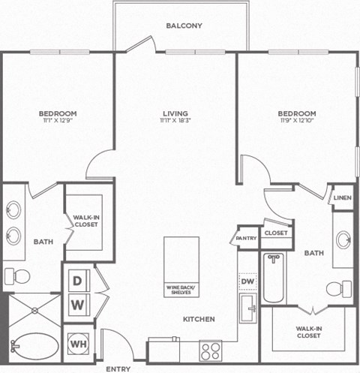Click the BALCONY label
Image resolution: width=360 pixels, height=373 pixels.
(x=184, y=26)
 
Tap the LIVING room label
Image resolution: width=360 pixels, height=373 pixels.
(x=175, y=114)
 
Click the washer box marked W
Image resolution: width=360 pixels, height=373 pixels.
(x=78, y=305)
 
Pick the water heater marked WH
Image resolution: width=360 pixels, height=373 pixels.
(x=78, y=344)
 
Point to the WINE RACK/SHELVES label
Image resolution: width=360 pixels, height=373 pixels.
(x=181, y=289)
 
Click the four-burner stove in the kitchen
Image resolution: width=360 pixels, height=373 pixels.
(x=211, y=350)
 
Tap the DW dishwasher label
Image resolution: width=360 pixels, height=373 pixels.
(x=247, y=281)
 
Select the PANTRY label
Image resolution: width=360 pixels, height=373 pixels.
(x=247, y=238)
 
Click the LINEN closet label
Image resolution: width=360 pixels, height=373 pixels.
(x=342, y=197)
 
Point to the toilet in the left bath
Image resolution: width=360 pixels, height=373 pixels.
(x=20, y=276)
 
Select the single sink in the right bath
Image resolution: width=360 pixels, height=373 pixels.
(x=343, y=240)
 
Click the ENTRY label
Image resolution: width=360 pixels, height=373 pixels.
(x=118, y=368)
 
